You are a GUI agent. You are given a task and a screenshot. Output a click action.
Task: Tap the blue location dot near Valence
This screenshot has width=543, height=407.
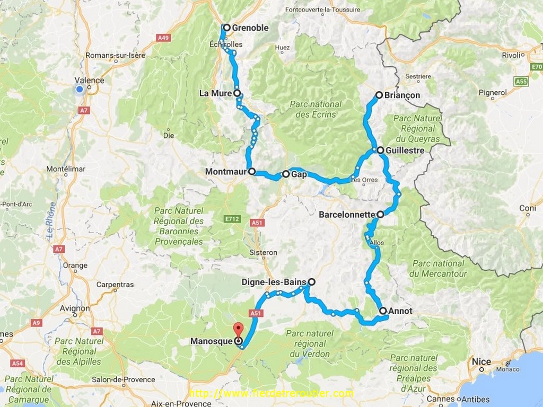point(80,89)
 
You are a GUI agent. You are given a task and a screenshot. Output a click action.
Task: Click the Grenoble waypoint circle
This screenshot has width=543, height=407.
point(226,28)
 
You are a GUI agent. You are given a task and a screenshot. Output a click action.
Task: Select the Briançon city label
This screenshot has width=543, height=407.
point(403,95)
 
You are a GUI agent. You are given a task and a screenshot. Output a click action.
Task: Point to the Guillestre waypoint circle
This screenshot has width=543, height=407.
point(380,151)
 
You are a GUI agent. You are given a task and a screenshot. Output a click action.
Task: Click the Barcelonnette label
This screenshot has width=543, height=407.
point(347,215)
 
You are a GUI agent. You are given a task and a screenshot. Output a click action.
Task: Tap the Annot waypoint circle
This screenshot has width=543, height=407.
point(383,311)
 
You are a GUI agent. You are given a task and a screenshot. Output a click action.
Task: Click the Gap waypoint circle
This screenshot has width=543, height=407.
point(286,174)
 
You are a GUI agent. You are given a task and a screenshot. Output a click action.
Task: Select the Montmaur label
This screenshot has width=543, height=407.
point(226,172)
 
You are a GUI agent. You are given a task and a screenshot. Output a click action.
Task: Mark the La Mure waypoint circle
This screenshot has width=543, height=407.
point(237,93)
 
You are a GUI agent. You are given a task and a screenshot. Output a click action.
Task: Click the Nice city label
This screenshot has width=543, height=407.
point(481,362)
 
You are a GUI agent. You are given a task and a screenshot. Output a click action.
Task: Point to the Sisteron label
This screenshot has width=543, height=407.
point(263,253)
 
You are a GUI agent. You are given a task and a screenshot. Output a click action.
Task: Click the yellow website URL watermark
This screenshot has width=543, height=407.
point(271,393)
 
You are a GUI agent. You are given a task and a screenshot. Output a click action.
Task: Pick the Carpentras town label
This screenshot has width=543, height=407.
point(115,285)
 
